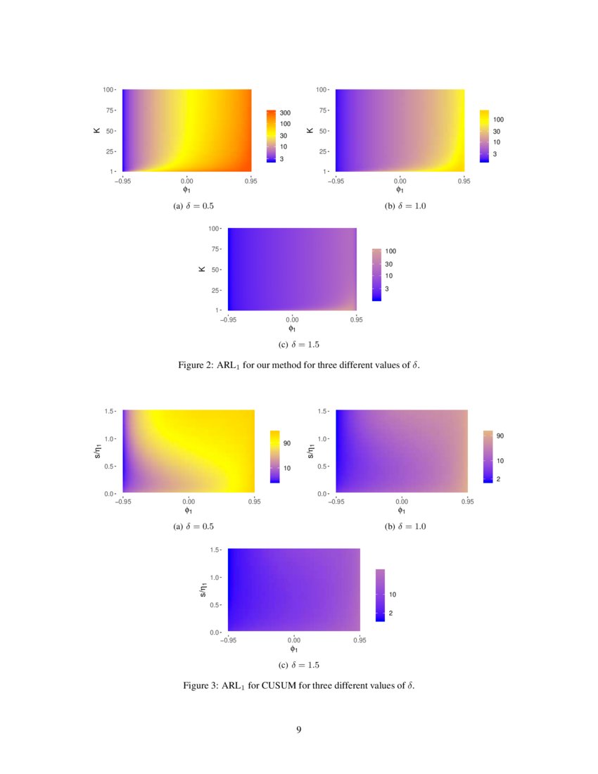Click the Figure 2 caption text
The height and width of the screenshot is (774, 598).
click(299, 366)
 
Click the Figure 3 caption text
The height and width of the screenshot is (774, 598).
click(299, 685)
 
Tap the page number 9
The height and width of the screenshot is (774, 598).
click(299, 729)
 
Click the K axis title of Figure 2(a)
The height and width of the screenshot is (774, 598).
click(97, 130)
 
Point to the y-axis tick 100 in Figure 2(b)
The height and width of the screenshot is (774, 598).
click(320, 89)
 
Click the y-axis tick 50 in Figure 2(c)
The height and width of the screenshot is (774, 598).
click(215, 269)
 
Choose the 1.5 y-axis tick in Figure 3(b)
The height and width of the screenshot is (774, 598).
click(323, 410)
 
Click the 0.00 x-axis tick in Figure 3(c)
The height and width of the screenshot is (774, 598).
click(294, 641)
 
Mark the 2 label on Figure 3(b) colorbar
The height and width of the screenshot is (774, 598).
click(499, 479)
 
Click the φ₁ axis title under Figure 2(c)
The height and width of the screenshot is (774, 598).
click(292, 328)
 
